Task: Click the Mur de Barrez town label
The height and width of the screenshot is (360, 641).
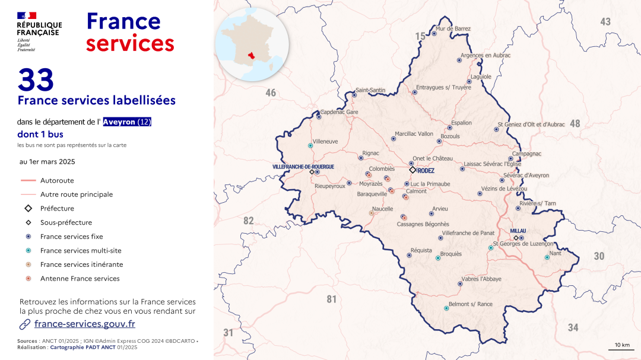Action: pos(453,28)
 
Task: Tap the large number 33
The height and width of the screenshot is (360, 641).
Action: pos(36,80)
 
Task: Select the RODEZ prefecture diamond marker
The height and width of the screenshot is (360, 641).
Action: pos(412,170)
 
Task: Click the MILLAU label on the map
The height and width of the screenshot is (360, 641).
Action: pos(519,231)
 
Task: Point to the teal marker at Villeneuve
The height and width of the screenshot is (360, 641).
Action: pos(310,145)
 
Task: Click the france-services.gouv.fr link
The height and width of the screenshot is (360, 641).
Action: pos(84,324)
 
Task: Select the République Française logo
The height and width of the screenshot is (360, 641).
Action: pos(39,31)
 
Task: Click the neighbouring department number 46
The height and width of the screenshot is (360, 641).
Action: pos(271,93)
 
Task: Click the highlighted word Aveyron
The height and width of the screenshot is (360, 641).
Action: pos(119,122)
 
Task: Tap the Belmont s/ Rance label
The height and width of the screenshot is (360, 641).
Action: pos(471,304)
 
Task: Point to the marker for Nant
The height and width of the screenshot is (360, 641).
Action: pos(547,257)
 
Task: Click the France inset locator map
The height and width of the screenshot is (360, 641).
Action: pos(253,44)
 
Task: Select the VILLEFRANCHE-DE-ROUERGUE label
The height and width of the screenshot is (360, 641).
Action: pos(303,167)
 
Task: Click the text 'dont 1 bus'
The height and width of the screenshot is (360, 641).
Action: pos(40,135)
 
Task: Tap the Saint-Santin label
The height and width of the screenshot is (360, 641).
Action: pos(370,90)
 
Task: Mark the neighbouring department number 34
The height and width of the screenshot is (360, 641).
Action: pos(573,327)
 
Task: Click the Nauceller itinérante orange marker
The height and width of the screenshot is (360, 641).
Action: pos(372,212)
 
